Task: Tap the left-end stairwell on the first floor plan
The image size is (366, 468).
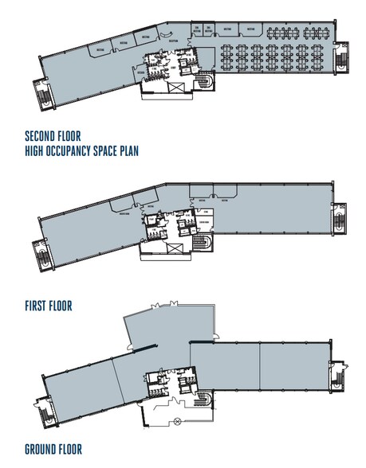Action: [43, 254]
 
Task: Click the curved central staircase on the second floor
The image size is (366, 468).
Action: [205, 82]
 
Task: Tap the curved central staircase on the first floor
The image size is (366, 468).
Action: [205, 241]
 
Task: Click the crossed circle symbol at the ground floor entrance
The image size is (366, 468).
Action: [177, 419]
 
